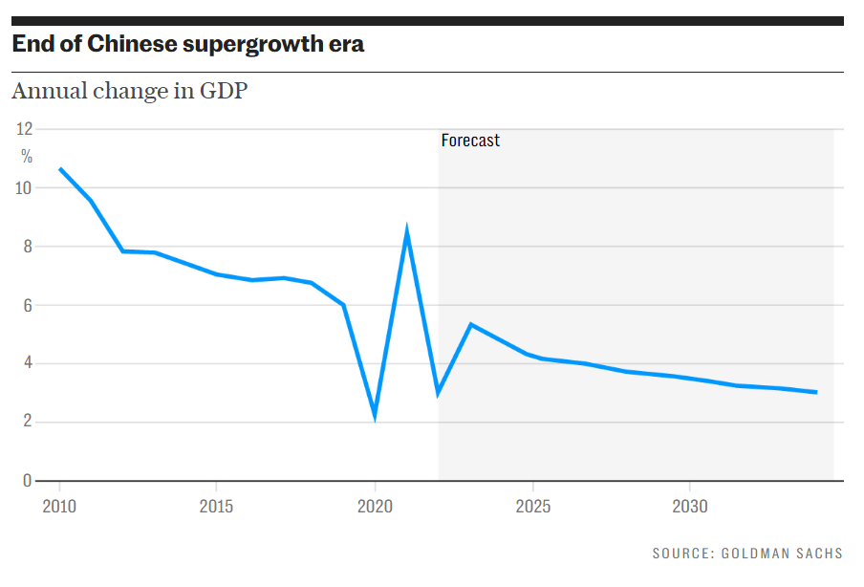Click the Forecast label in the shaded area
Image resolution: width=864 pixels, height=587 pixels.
coord(470,141)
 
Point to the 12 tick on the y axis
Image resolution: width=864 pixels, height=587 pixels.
coord(25,129)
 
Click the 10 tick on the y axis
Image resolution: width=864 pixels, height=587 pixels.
coord(25,188)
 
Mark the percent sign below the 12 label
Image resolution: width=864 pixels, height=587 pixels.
coord(27,157)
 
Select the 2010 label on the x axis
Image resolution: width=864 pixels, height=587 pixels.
coord(59,506)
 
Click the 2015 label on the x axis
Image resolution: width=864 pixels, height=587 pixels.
coord(217,506)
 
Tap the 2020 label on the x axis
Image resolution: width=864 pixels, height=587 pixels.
coord(375,506)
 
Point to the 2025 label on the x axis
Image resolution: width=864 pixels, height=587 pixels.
coord(532,506)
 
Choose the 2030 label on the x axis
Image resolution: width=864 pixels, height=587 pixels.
coord(690,506)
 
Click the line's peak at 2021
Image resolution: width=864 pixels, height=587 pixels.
coord(407,231)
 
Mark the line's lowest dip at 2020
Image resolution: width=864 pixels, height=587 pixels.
coord(375,415)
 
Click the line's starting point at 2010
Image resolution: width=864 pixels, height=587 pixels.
coord(60,169)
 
